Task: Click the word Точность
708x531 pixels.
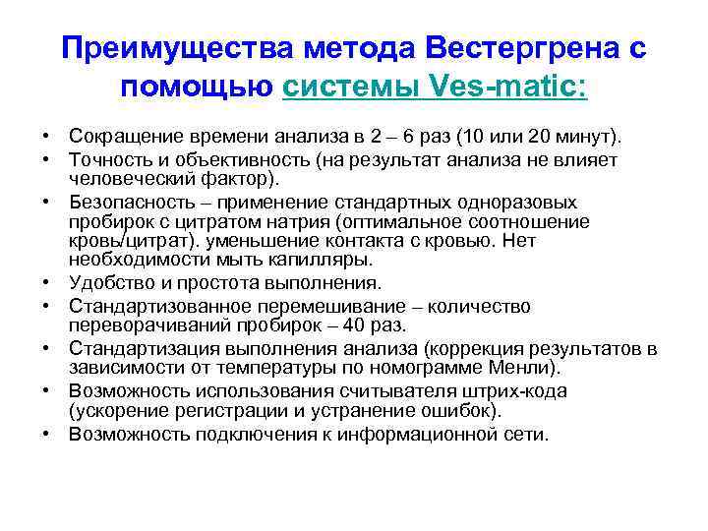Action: click(110, 158)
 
